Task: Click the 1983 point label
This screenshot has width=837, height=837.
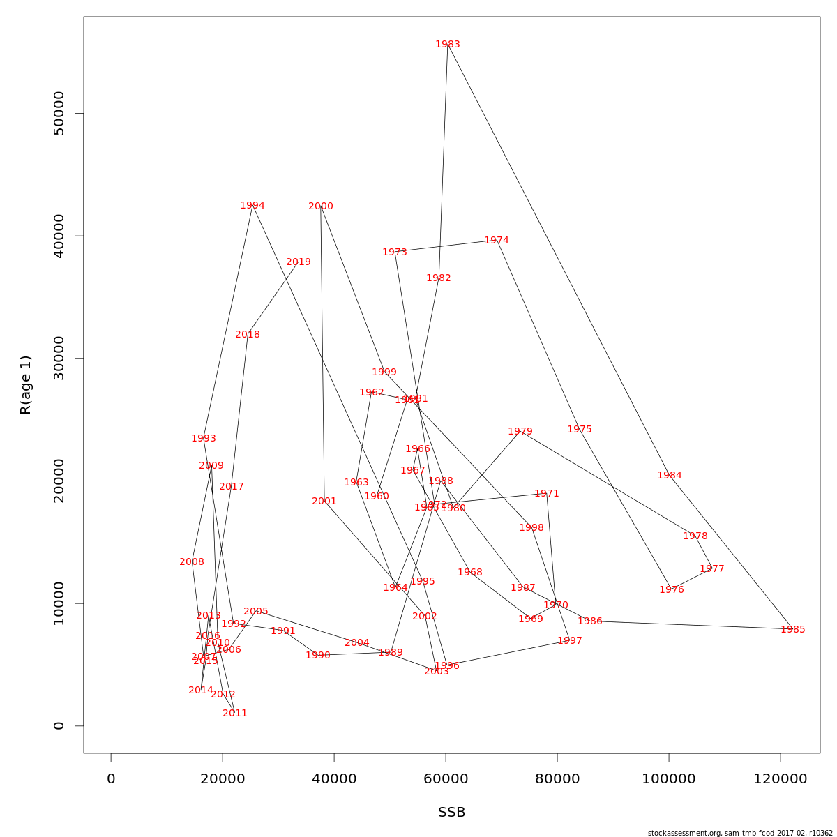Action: (448, 45)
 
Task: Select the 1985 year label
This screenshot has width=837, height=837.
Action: (793, 630)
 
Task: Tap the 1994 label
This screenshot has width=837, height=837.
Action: (252, 206)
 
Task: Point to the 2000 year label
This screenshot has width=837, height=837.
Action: (321, 206)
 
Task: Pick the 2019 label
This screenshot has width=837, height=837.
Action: (299, 262)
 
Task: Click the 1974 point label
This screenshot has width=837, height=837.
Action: (497, 241)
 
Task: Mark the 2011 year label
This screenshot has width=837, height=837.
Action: (235, 714)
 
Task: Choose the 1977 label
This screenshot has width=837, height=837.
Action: (712, 569)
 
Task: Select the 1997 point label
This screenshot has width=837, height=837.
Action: (570, 641)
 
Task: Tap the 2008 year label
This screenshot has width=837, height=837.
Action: (192, 562)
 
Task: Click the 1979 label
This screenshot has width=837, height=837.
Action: (520, 432)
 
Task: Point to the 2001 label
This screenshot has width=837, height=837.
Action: (324, 502)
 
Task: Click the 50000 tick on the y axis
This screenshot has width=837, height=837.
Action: (59, 114)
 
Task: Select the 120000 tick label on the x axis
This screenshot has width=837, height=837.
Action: (781, 779)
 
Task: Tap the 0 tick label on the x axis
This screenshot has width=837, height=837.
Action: (111, 779)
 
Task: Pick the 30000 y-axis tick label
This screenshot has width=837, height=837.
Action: (59, 359)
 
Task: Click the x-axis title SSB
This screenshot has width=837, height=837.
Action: (452, 813)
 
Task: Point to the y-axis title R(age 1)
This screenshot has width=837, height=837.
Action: (26, 385)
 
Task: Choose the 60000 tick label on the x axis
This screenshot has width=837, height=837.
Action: (446, 779)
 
